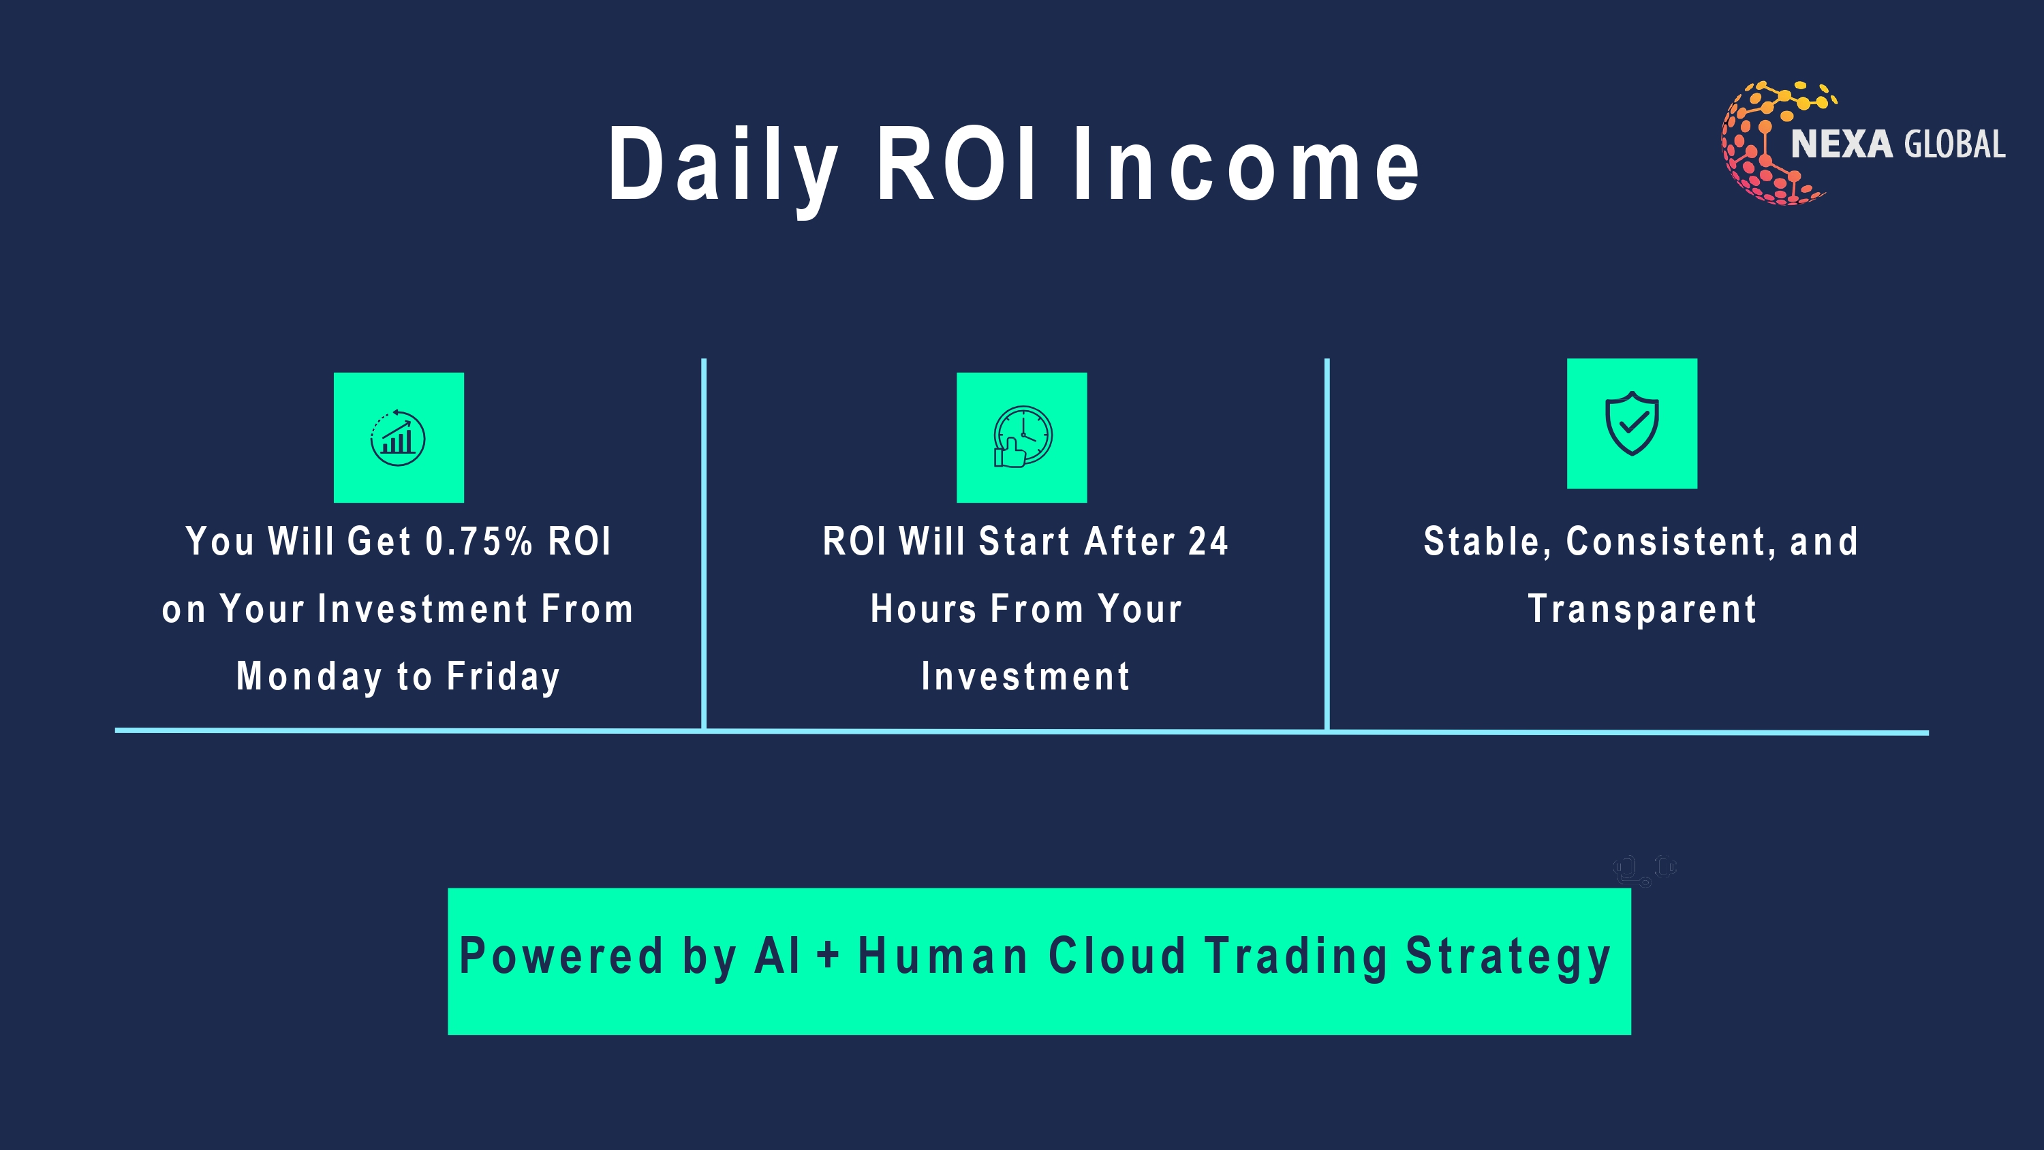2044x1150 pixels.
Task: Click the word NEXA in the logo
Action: click(x=1842, y=144)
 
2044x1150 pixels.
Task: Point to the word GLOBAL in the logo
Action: click(x=1954, y=144)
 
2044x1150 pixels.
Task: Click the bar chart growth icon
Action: click(x=399, y=437)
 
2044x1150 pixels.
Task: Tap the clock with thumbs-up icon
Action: click(x=1022, y=437)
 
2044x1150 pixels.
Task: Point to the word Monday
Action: click(x=309, y=677)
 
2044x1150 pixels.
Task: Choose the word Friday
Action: click(x=503, y=677)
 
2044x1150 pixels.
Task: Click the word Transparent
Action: click(x=1642, y=610)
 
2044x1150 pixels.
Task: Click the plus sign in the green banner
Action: click(x=828, y=954)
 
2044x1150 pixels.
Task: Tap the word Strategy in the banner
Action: click(x=1508, y=958)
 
